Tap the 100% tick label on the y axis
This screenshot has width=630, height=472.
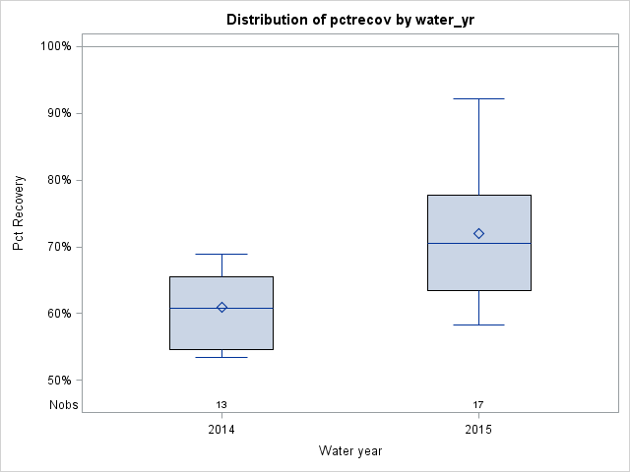pyautogui.click(x=55, y=46)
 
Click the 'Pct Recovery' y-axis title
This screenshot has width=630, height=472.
pyautogui.click(x=19, y=213)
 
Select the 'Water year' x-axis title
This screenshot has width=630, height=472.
pyautogui.click(x=350, y=450)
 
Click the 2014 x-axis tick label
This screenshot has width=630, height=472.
pyautogui.click(x=221, y=430)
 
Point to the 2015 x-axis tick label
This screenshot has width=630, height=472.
pyautogui.click(x=478, y=430)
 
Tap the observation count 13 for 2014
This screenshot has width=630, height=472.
pyautogui.click(x=221, y=404)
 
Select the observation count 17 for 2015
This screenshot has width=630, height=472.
pyautogui.click(x=478, y=404)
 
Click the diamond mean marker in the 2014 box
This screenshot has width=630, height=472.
pyautogui.click(x=221, y=307)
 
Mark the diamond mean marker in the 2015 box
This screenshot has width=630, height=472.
pyautogui.click(x=478, y=233)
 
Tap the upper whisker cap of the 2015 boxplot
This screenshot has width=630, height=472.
pyautogui.click(x=478, y=99)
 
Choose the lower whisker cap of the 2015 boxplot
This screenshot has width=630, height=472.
pyautogui.click(x=478, y=324)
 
